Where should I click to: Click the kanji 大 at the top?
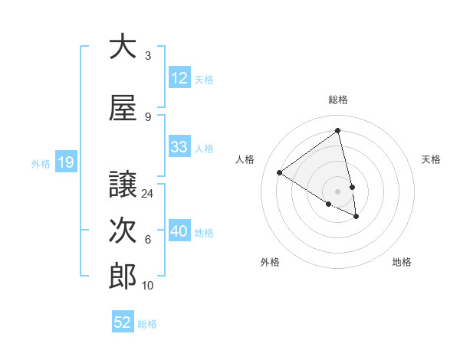123,46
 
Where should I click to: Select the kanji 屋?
123,107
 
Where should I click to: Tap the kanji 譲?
123,184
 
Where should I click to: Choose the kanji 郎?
123,277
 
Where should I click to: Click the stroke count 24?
148,194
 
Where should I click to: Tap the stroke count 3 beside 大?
148,56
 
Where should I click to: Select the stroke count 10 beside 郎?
148,286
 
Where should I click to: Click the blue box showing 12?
179,78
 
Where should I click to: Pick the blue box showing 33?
179,147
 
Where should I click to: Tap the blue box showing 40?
179,231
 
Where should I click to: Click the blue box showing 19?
65,162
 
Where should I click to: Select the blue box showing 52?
123,322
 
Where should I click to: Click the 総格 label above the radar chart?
338,100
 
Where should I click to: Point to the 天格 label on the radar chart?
431,159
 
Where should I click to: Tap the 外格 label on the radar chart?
270,262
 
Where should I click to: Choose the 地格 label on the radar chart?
402,262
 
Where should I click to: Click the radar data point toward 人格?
280,173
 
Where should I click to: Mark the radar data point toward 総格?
338,130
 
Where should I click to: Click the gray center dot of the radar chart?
338,191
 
